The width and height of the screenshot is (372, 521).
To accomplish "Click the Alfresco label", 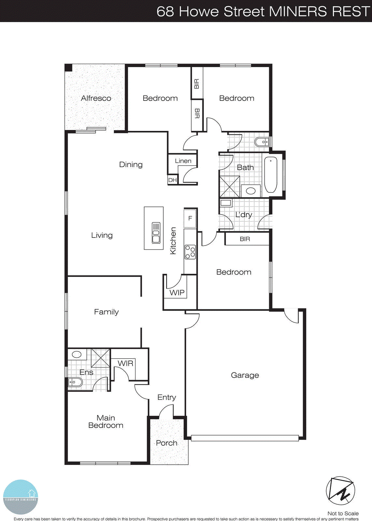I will tap(96, 98).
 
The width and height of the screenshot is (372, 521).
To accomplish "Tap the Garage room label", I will tap(245, 375).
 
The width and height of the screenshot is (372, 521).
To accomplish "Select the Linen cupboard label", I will tap(183, 161).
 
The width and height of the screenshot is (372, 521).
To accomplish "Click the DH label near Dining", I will tap(172, 180).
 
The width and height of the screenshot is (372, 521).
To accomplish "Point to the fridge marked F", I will tap(190, 218).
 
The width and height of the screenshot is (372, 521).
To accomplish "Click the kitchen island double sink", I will tap(156, 233).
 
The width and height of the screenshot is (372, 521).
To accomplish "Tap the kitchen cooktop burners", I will tap(190, 252).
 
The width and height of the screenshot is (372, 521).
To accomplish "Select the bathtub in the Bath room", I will tap(270, 175).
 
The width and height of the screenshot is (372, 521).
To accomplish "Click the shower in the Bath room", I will tap(229, 187).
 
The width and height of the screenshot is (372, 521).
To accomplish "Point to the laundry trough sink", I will tap(226, 203).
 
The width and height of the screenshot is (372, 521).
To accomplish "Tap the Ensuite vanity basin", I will tap(77, 354).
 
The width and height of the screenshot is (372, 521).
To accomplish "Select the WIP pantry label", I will tap(177, 293).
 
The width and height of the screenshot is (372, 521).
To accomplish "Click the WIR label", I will tap(125, 363).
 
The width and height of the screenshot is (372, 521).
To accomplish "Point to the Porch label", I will tap(167, 443).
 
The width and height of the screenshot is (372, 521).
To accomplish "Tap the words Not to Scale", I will tap(343, 514).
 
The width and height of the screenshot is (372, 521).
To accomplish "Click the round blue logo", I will tap(21, 497).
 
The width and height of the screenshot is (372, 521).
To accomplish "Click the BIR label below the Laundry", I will tap(245, 239).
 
